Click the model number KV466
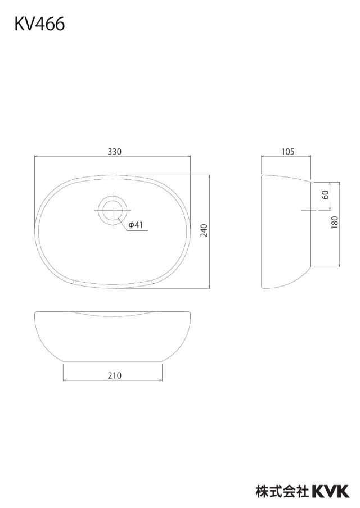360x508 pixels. (x=39, y=24)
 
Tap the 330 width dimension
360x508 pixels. (x=115, y=151)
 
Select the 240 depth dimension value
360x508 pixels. (x=204, y=230)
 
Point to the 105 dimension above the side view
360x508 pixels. (x=288, y=151)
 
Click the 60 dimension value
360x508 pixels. (x=326, y=194)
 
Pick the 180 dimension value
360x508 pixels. (x=335, y=223)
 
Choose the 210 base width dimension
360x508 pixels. (x=115, y=375)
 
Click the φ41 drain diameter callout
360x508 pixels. (x=136, y=225)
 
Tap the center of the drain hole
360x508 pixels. (x=112, y=210)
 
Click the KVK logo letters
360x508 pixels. (x=331, y=491)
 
